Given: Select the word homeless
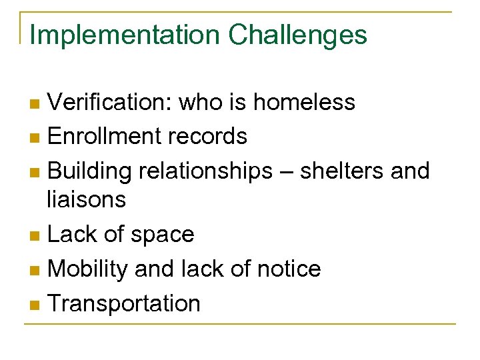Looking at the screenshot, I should pyautogui.click(x=304, y=103).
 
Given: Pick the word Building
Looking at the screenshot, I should pyautogui.click(x=89, y=171).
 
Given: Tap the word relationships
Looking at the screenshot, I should pyautogui.click(x=205, y=171).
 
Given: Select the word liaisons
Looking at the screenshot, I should pyautogui.click(x=86, y=199).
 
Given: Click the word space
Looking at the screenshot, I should pyautogui.click(x=163, y=235).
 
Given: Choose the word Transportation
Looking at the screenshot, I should pyautogui.click(x=124, y=303).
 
